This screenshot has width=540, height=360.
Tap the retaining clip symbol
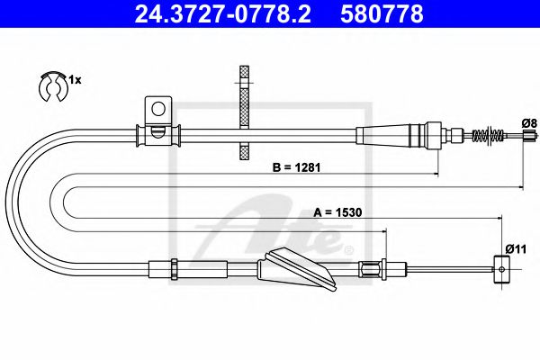coord(53,85)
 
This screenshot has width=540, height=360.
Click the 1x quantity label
coord(76,81)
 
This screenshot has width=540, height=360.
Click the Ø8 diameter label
coord(528,122)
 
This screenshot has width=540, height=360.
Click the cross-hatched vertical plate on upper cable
coord(242,108)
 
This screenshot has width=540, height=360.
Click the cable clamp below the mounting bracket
coord(157,136)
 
